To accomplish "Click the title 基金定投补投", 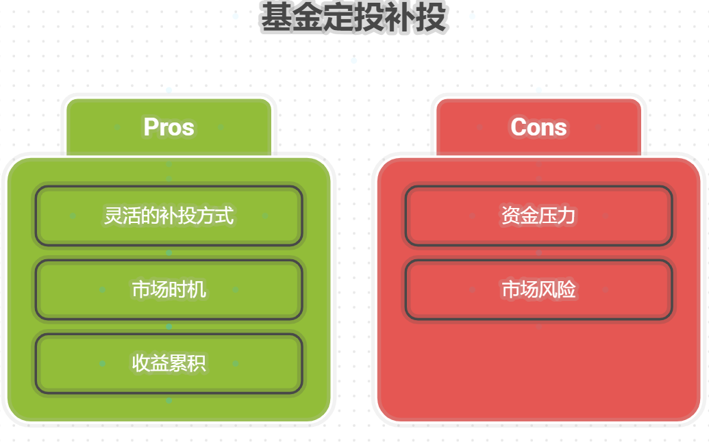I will point(353,18).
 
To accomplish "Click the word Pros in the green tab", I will point(169,127).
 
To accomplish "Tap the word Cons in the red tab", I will point(538,127).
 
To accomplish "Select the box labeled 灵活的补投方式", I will point(169,216).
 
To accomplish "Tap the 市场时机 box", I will point(169,290).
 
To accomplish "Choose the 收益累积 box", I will point(169,363).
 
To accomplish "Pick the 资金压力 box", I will point(538,216).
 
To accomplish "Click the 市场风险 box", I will point(538,290).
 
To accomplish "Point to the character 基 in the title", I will point(276,18).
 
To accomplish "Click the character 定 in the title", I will point(338,18).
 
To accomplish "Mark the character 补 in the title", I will point(400,18).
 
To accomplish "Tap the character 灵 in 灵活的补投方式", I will point(113,216).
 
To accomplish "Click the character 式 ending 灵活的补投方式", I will point(225,216).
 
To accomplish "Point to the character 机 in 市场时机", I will point(197,290).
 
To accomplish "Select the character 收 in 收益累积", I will point(141,363).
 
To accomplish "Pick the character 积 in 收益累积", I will point(197,363).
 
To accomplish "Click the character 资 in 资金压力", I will point(511,216).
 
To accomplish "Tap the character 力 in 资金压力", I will point(567,216).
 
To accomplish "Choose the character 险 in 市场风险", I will point(567,290).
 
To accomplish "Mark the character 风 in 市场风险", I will point(548,290).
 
